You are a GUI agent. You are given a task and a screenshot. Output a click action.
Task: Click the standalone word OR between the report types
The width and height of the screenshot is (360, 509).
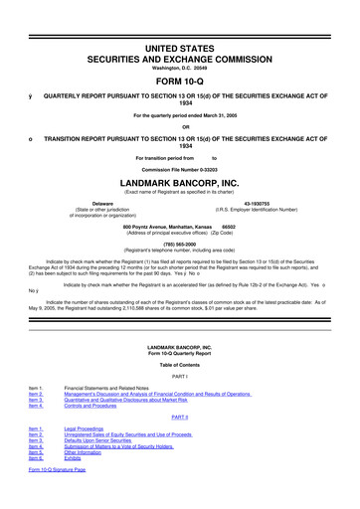point(179,125)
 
